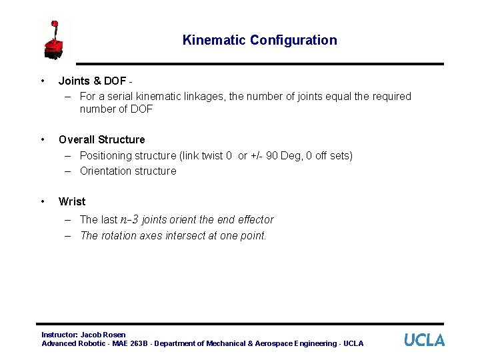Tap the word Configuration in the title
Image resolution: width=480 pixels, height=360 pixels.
(293, 40)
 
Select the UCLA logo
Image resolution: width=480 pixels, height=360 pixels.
(424, 340)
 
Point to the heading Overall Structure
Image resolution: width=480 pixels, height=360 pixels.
(101, 139)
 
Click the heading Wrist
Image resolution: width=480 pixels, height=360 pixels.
(72, 201)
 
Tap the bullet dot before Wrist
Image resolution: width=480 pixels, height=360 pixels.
(43, 201)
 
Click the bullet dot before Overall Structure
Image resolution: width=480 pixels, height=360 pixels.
(43, 139)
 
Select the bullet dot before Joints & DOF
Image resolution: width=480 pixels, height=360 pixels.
(43, 81)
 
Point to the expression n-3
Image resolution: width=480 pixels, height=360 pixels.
(129, 219)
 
